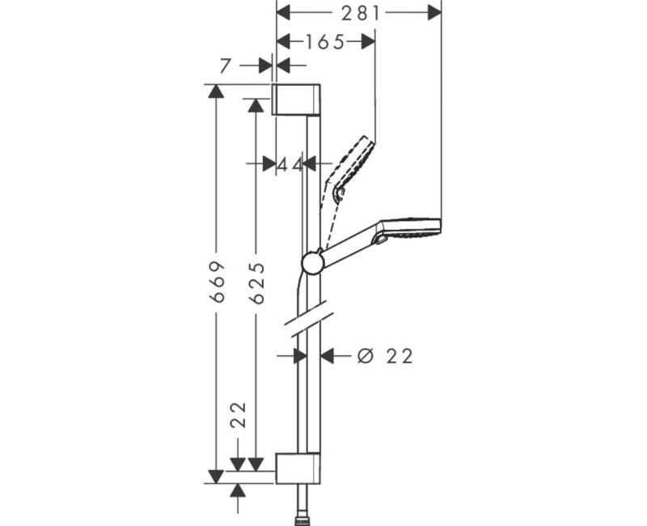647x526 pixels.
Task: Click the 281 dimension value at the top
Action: (x=361, y=12)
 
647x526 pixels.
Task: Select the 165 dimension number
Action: (x=325, y=41)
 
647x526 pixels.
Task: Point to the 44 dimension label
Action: (x=290, y=164)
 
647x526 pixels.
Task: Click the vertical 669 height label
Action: (x=216, y=283)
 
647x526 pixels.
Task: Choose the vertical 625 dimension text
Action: (x=256, y=283)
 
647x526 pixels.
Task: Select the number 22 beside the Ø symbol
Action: (x=399, y=355)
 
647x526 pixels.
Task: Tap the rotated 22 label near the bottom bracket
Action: (x=238, y=414)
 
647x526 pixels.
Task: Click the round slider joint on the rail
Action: (x=311, y=262)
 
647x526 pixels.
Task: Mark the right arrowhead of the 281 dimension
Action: (x=434, y=12)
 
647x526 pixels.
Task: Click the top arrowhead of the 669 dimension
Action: (x=216, y=90)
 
